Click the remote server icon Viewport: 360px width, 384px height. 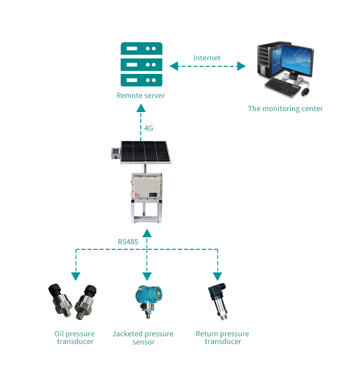(141, 65)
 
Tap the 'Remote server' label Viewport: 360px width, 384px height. (141, 95)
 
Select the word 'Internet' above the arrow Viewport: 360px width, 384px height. (207, 58)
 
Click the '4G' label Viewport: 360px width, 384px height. (148, 128)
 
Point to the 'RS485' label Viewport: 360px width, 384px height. (128, 242)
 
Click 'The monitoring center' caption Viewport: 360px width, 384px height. (285, 109)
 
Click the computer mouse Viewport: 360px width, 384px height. (305, 91)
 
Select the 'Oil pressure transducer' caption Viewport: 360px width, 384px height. (74, 338)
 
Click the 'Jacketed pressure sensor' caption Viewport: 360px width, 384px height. (143, 338)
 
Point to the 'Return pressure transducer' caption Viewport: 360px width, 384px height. (222, 338)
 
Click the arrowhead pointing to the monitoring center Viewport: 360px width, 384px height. (241, 66)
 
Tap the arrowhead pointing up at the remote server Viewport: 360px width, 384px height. (141, 108)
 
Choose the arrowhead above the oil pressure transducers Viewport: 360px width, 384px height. (75, 276)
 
